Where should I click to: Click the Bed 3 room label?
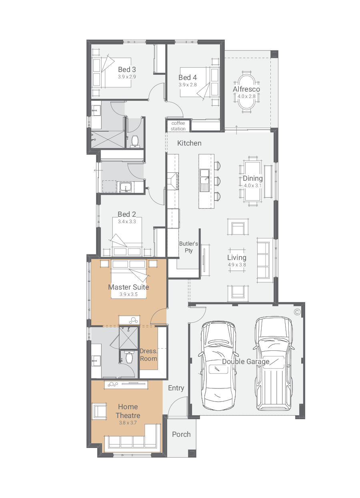click(x=127, y=70)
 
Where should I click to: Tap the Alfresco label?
click(x=246, y=89)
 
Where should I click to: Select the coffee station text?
click(x=178, y=126)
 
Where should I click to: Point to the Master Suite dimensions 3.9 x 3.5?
click(x=128, y=294)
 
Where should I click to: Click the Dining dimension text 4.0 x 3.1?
click(x=252, y=186)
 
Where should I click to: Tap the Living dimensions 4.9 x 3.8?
click(x=237, y=265)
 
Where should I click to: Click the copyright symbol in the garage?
click(x=297, y=312)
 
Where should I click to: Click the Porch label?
click(x=181, y=434)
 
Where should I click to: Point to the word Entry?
click(x=176, y=388)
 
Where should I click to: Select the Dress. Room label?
click(x=148, y=355)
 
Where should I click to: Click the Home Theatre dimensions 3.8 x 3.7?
click(x=128, y=423)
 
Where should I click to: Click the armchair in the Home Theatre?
click(x=99, y=411)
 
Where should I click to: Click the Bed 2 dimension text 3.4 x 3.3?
click(x=127, y=221)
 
